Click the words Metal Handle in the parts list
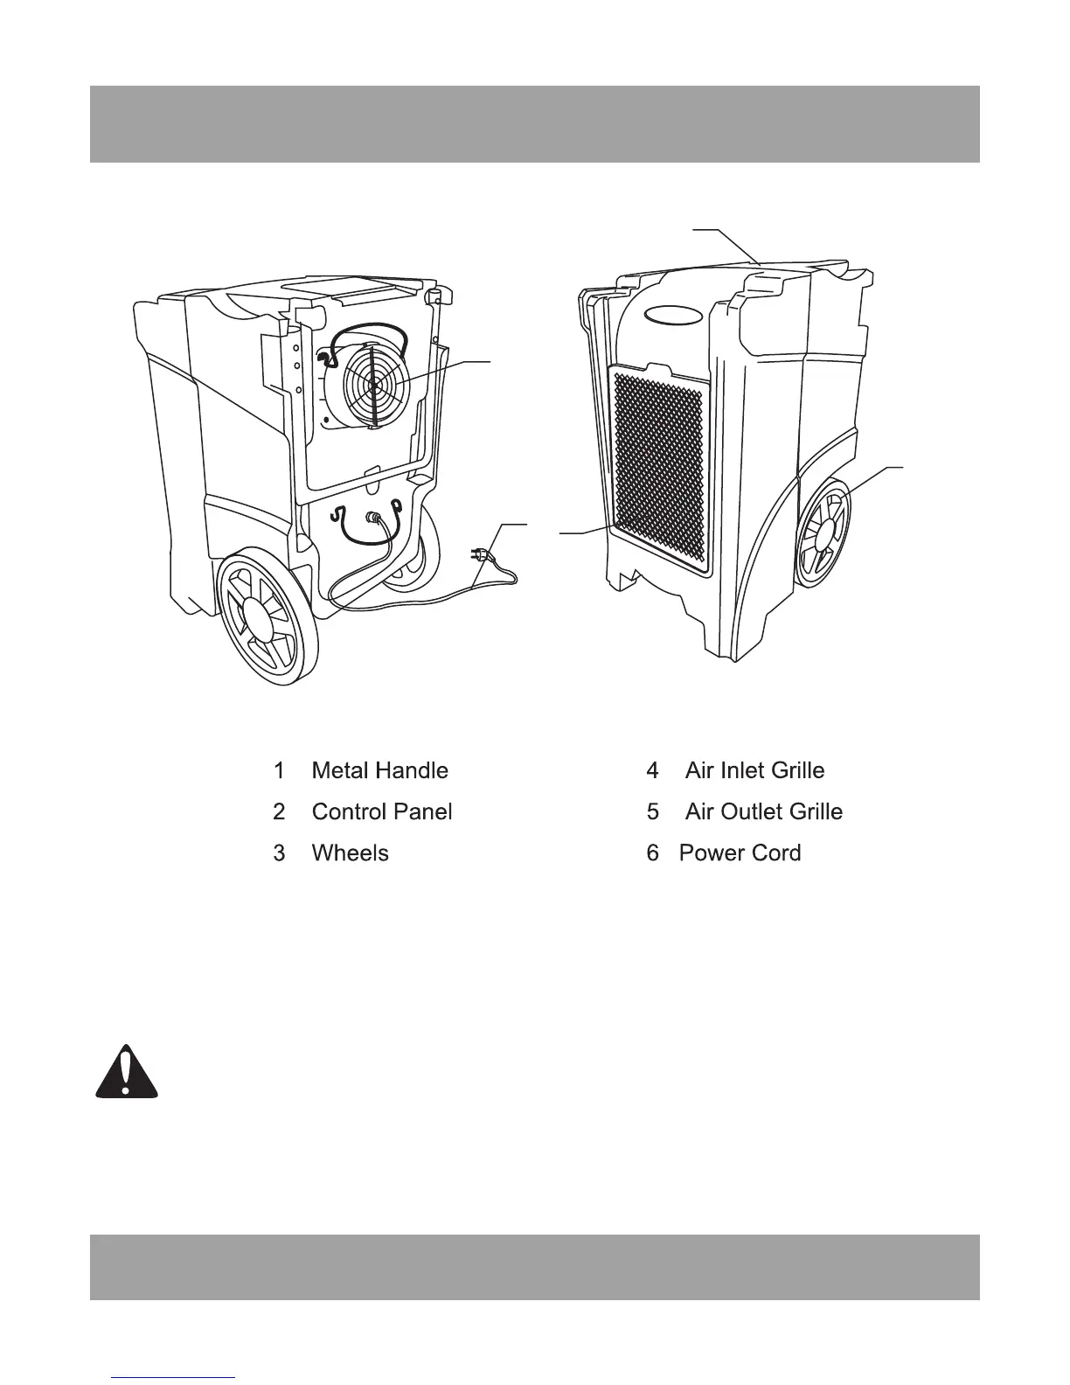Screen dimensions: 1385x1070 [x=379, y=770]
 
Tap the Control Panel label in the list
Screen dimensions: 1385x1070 [x=382, y=811]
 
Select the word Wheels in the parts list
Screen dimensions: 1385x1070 [x=350, y=853]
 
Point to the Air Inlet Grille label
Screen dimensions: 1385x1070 [x=754, y=770]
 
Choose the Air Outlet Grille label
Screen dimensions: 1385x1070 [x=763, y=811]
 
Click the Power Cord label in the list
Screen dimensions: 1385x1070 [x=740, y=853]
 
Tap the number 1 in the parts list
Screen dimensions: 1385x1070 [x=279, y=770]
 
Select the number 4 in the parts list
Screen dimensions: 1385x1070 [x=652, y=770]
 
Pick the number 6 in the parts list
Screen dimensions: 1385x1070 [x=652, y=853]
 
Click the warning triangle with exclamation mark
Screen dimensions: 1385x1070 [x=127, y=1073]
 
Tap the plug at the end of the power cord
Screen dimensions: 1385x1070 [x=481, y=553]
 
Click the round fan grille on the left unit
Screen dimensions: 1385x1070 [x=371, y=382]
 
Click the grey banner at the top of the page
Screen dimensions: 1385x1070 [x=534, y=123]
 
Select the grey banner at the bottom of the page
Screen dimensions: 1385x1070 [x=534, y=1267]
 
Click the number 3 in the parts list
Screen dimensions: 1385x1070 [x=279, y=853]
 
